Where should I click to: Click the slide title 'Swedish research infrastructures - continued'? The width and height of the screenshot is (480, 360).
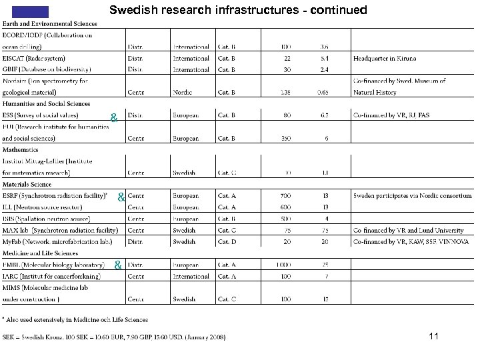(x=238, y=10)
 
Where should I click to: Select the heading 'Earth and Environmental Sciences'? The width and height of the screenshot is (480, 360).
(x=49, y=24)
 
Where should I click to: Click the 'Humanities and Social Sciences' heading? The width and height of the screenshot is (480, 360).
(x=46, y=104)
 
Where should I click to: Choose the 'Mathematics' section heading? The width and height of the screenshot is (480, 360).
(x=21, y=150)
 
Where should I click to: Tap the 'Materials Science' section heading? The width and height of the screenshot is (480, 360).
(x=27, y=184)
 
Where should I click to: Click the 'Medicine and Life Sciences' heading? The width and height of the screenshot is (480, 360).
(x=40, y=253)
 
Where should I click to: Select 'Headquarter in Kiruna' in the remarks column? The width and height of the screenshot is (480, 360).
(x=385, y=59)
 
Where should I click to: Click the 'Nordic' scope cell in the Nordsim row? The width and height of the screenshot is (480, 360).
(x=182, y=93)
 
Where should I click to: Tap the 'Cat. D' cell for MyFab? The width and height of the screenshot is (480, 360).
(x=227, y=241)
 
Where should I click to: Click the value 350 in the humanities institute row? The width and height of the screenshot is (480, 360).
(x=285, y=138)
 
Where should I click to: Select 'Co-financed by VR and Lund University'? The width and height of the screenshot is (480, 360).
(x=408, y=230)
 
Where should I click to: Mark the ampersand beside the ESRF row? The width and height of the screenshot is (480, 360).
(x=121, y=197)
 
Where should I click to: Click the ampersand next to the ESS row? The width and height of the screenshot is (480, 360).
(x=114, y=118)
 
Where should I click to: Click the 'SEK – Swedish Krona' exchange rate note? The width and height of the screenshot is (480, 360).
(x=114, y=337)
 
